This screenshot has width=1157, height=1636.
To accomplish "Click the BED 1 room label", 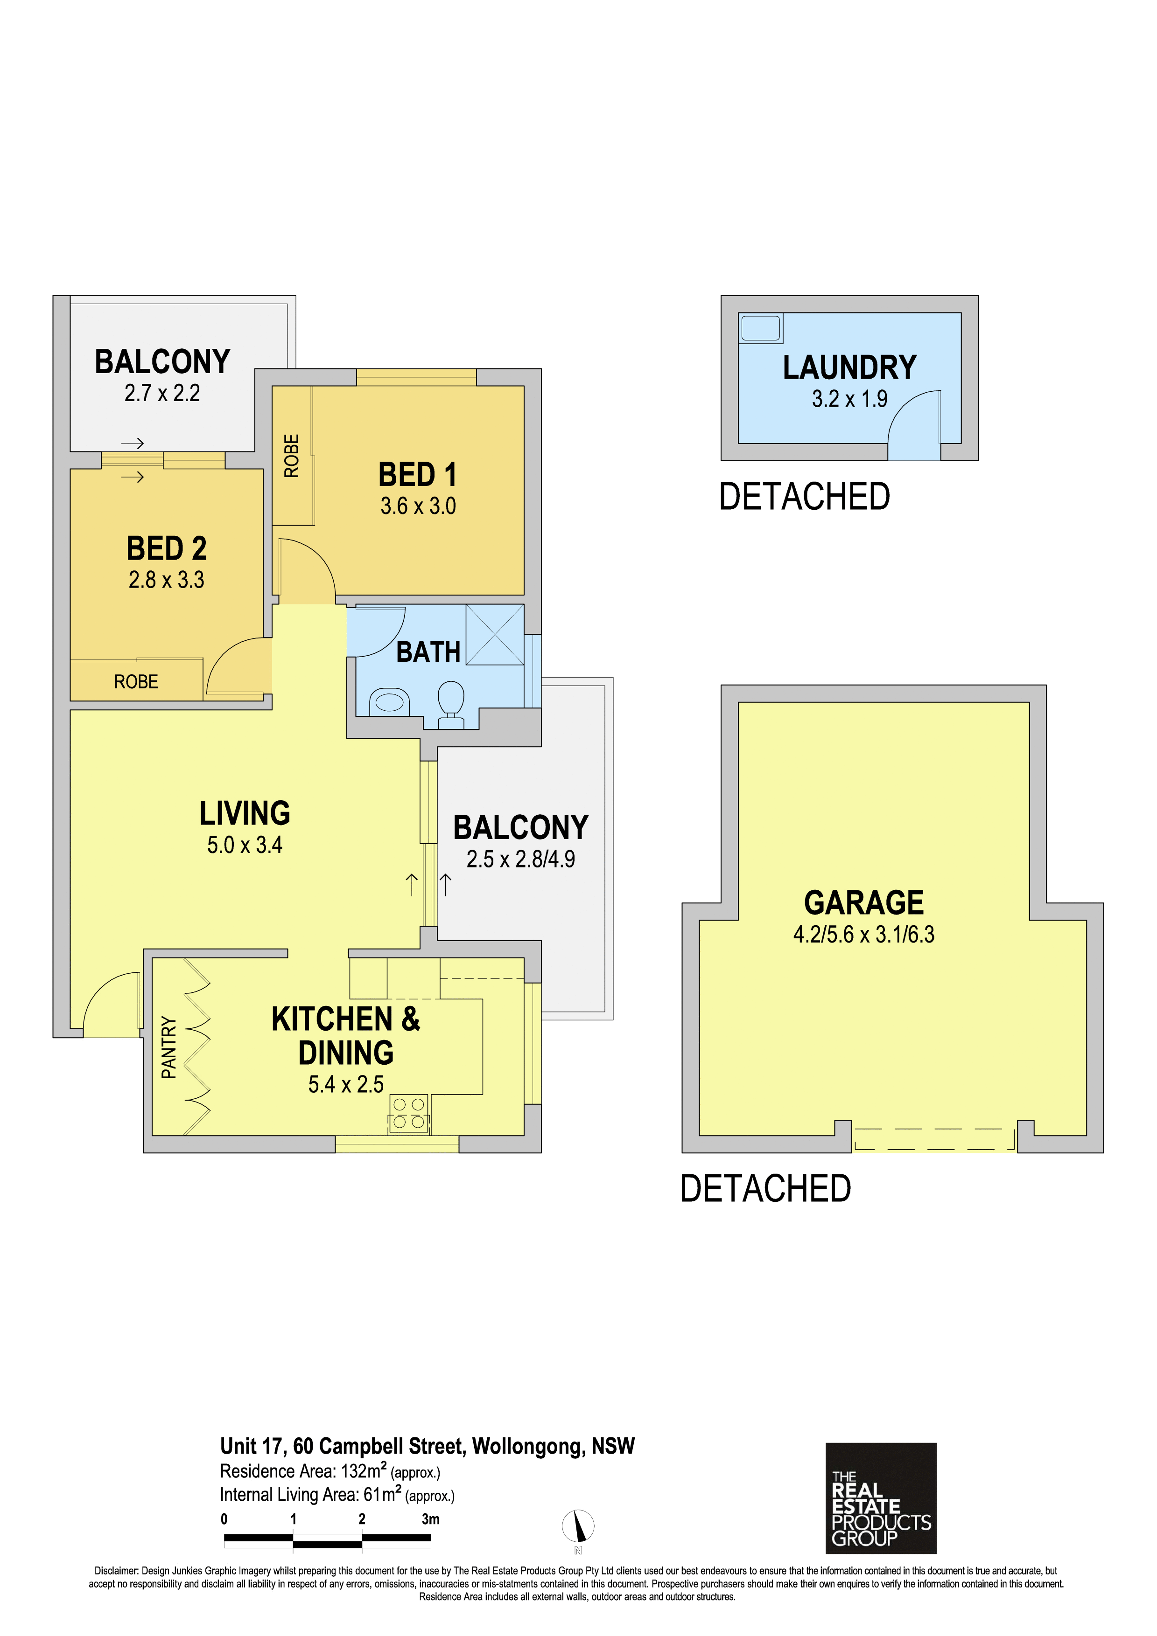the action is pyautogui.click(x=417, y=475).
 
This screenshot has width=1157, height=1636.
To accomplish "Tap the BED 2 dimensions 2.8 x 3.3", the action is pyautogui.click(x=166, y=580).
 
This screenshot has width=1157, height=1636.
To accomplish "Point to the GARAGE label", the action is pyautogui.click(x=863, y=903).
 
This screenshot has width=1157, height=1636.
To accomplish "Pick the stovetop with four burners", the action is pyautogui.click(x=408, y=1114).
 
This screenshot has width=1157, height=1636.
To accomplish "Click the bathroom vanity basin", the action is pyautogui.click(x=389, y=702).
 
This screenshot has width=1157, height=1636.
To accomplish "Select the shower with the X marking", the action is pyautogui.click(x=495, y=634).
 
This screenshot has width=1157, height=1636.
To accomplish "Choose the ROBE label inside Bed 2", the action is pyautogui.click(x=136, y=682).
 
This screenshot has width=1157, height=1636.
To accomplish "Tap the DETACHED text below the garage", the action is pyautogui.click(x=765, y=1188).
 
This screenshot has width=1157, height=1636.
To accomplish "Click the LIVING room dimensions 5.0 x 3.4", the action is pyautogui.click(x=245, y=845).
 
